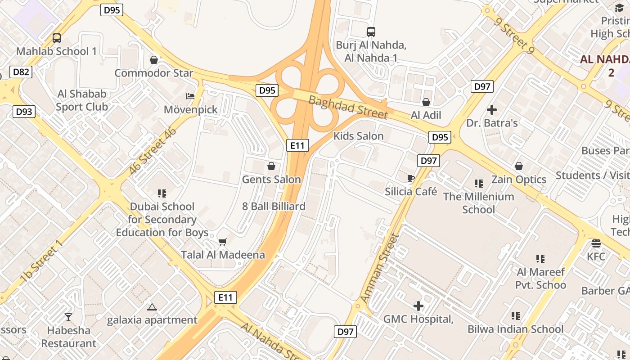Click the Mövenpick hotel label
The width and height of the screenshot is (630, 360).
190,109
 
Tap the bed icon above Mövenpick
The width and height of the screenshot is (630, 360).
190,96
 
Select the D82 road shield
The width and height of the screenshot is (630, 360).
21,72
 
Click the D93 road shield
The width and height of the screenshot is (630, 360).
24,111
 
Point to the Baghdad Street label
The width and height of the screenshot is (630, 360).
348,107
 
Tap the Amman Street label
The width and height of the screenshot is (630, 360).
380,269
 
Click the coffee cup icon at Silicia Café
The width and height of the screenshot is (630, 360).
410,179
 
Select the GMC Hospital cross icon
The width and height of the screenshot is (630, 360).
418,306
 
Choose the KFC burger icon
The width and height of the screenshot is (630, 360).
596,243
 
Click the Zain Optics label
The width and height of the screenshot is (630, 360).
518,180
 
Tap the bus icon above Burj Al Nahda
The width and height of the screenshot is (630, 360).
371,32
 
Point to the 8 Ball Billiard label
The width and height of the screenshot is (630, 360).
274,207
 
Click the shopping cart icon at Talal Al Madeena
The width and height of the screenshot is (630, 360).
222,242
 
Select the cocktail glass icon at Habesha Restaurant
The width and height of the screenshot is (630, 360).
68,317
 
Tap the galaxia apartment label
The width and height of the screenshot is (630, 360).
152,320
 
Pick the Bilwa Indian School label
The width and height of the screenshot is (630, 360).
515,329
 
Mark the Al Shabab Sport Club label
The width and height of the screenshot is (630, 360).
82,100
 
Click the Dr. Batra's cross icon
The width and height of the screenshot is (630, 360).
492,109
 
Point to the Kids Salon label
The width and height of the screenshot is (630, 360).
358,136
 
